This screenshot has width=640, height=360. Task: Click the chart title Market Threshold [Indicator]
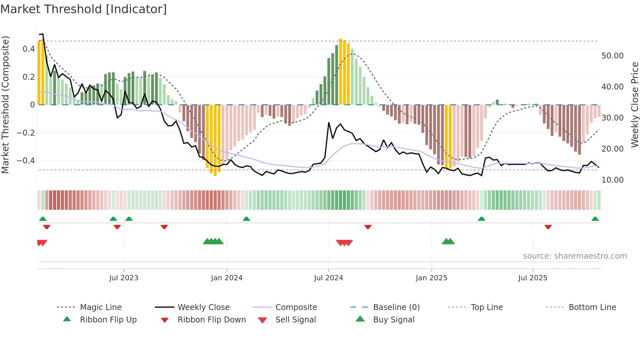(84, 9)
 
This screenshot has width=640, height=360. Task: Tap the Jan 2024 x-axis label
(227, 278)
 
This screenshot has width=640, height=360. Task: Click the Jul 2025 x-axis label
(533, 278)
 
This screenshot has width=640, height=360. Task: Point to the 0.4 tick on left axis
(29, 49)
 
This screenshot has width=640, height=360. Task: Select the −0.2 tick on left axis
(26, 133)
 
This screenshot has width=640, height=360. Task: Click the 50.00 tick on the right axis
(612, 56)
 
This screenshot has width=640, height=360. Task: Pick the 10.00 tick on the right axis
(612, 180)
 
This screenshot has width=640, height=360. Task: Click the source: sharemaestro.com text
(575, 256)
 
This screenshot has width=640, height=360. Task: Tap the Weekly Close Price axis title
(634, 105)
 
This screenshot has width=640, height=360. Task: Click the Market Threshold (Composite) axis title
(5, 105)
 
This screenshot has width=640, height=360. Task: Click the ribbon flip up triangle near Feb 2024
(247, 219)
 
